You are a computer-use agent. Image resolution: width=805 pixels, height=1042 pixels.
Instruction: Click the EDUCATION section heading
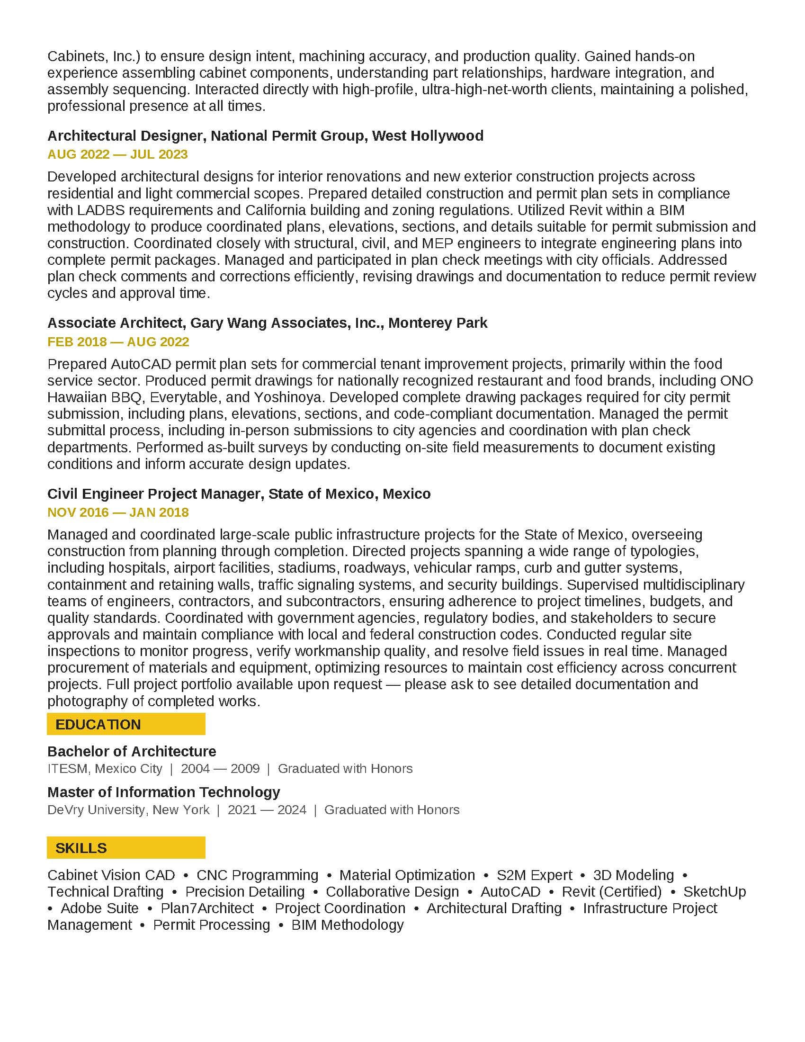[x=98, y=724]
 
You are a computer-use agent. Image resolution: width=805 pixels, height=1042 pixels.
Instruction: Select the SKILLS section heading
[x=81, y=848]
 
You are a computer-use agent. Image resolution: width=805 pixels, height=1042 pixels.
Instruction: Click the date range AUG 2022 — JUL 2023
[x=117, y=154]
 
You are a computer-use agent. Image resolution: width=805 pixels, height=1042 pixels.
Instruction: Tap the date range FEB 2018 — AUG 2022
[x=118, y=341]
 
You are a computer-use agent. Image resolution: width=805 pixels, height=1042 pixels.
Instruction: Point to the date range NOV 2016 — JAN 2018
[x=118, y=512]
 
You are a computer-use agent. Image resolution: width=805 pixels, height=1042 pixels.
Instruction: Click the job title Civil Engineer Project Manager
[x=155, y=494]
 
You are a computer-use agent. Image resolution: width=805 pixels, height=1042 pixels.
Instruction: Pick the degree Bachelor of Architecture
[x=132, y=752]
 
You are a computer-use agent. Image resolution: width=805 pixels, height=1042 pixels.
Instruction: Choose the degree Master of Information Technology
[x=163, y=792]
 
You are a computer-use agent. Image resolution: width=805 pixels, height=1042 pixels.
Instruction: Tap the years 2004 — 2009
[x=220, y=769]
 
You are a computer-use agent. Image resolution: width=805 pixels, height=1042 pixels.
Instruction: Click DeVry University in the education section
[x=97, y=809]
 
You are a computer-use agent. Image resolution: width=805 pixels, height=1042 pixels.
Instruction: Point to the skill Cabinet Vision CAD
[x=111, y=875]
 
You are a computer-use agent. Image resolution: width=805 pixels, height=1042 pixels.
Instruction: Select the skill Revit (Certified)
[x=611, y=892]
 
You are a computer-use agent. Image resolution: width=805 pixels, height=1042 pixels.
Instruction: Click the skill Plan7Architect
[x=207, y=908]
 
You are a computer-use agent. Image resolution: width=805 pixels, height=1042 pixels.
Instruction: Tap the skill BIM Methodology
[x=347, y=925]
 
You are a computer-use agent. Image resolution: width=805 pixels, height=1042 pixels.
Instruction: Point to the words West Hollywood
[x=427, y=136]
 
